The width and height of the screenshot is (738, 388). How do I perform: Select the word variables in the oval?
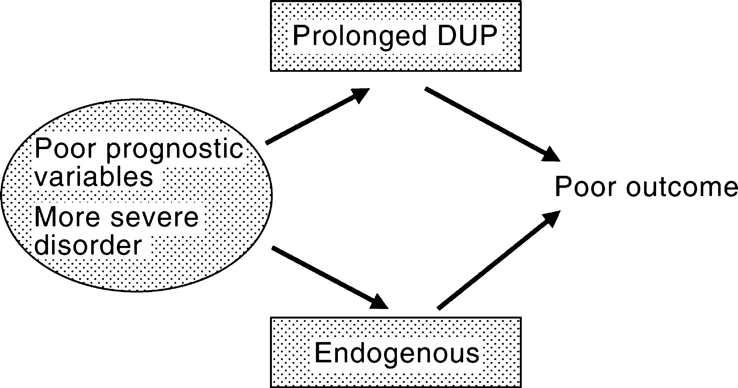click(94, 176)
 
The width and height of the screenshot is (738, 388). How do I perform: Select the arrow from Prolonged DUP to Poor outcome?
click(492, 124)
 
